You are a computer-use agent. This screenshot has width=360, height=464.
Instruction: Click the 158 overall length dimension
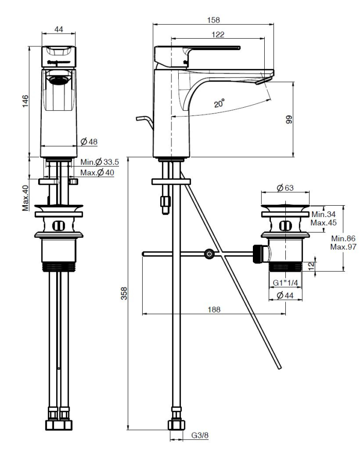(x=212, y=20)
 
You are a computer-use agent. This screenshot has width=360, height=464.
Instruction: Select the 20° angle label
(x=219, y=103)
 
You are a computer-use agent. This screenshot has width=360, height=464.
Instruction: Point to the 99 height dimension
(x=289, y=120)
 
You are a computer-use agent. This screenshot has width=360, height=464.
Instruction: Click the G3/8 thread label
(x=199, y=436)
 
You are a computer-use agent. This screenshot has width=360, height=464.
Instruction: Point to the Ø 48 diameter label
(x=89, y=142)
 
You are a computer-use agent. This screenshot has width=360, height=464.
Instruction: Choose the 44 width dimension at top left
(x=59, y=30)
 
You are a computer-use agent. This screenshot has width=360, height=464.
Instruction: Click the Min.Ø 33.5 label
(x=99, y=162)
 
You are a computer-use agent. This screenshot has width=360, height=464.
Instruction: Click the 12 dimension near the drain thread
(x=311, y=265)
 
